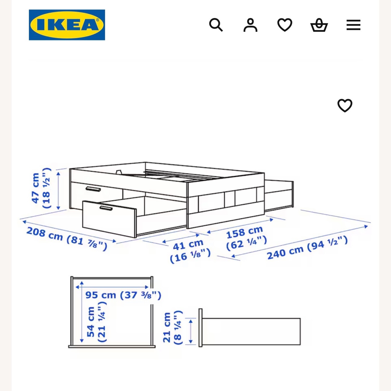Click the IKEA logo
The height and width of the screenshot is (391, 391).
pyautogui.click(x=67, y=25)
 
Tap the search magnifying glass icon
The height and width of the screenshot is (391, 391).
pyautogui.click(x=216, y=25)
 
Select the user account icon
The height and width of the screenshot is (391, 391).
pyautogui.click(x=250, y=25)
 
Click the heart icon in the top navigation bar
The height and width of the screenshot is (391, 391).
pyautogui.click(x=285, y=25)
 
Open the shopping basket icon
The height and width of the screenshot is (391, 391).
pyautogui.click(x=319, y=25)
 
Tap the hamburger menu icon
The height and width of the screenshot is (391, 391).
pyautogui.click(x=353, y=25)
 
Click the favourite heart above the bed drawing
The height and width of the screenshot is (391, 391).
pyautogui.click(x=345, y=105)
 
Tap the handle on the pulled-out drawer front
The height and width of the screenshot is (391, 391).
pyautogui.click(x=106, y=208)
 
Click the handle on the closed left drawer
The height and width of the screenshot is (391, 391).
pyautogui.click(x=93, y=189)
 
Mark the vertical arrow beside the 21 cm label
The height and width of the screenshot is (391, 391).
pyautogui.click(x=191, y=331)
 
